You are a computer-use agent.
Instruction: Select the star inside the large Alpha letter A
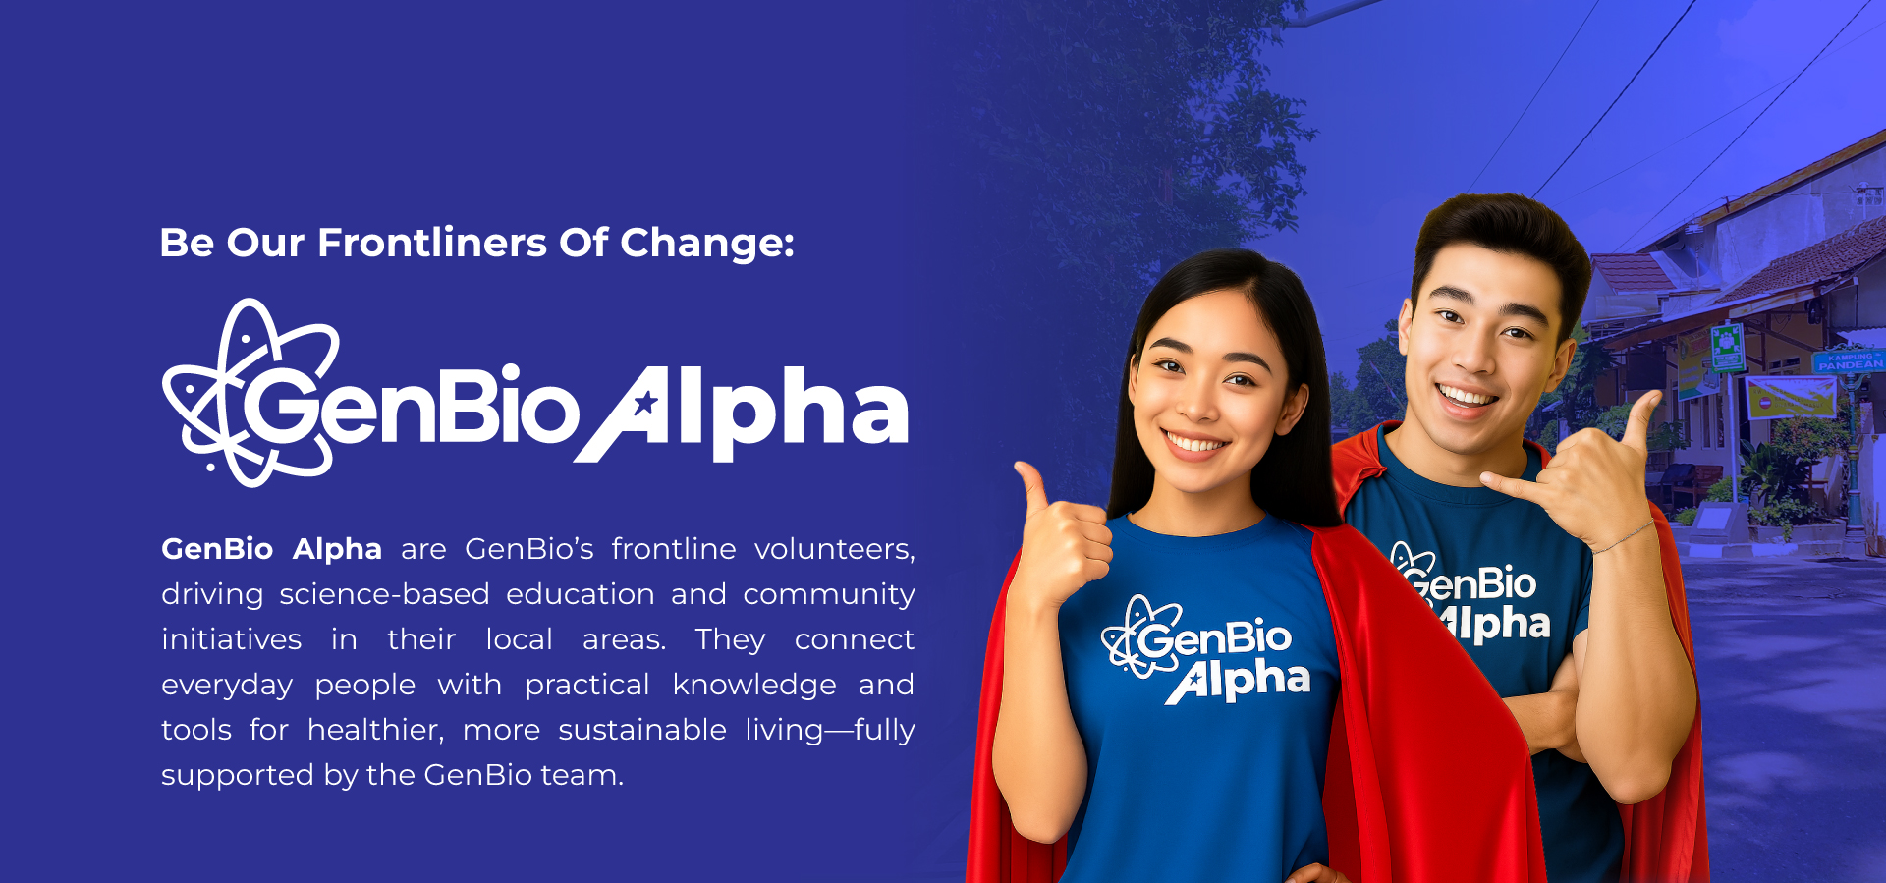click(644, 403)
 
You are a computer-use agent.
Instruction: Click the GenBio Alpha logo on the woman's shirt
click(1206, 649)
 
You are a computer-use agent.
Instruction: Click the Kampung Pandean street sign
click(1849, 360)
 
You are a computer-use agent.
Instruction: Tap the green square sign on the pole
click(1727, 347)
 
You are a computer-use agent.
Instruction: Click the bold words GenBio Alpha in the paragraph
click(271, 549)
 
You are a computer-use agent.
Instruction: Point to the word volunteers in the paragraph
click(834, 549)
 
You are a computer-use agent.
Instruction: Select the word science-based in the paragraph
click(384, 594)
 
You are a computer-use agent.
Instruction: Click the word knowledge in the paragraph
click(754, 686)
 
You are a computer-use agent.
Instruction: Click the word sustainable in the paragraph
click(642, 730)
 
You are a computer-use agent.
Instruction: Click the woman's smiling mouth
click(1194, 442)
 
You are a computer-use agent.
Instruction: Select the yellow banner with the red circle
click(1791, 397)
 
